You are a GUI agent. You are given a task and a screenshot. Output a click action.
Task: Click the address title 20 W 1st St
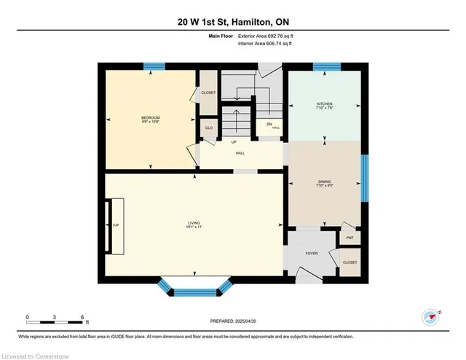(x=232, y=21)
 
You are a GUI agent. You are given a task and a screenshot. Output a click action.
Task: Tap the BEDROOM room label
(x=151, y=119)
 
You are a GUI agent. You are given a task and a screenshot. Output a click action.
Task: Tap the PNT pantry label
(x=349, y=238)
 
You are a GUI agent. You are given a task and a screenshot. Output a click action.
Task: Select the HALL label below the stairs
(x=240, y=153)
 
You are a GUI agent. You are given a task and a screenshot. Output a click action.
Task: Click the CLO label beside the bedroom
(x=208, y=128)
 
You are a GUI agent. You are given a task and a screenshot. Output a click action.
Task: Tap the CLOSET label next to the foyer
(x=349, y=262)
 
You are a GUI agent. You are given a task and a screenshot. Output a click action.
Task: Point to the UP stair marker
(x=234, y=141)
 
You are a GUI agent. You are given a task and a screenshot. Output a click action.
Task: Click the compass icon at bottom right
(x=431, y=316)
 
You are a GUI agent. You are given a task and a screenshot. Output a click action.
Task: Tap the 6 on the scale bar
(x=83, y=316)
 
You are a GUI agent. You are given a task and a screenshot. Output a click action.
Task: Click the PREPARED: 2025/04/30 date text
(x=232, y=321)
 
